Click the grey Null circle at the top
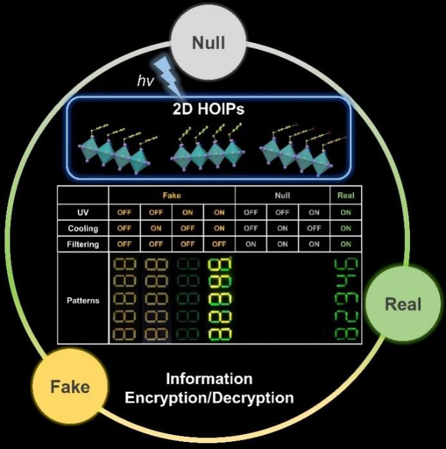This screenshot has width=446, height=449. click(x=209, y=44)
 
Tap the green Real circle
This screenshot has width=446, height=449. click(x=403, y=304)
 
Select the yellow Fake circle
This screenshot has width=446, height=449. click(x=70, y=387)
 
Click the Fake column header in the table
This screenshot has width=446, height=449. click(x=171, y=195)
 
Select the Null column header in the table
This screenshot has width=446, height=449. click(x=282, y=195)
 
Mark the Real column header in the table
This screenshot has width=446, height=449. click(x=345, y=195)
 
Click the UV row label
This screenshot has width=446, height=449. click(x=82, y=211)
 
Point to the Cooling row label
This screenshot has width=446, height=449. click(x=82, y=228)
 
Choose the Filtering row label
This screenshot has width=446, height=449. click(x=82, y=244)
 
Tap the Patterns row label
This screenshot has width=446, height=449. click(x=82, y=300)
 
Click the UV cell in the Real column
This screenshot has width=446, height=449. click(x=345, y=211)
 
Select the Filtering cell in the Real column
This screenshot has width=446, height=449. click(x=345, y=244)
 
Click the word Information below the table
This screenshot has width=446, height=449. click(x=209, y=378)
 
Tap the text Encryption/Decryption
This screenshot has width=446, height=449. click(x=209, y=397)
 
